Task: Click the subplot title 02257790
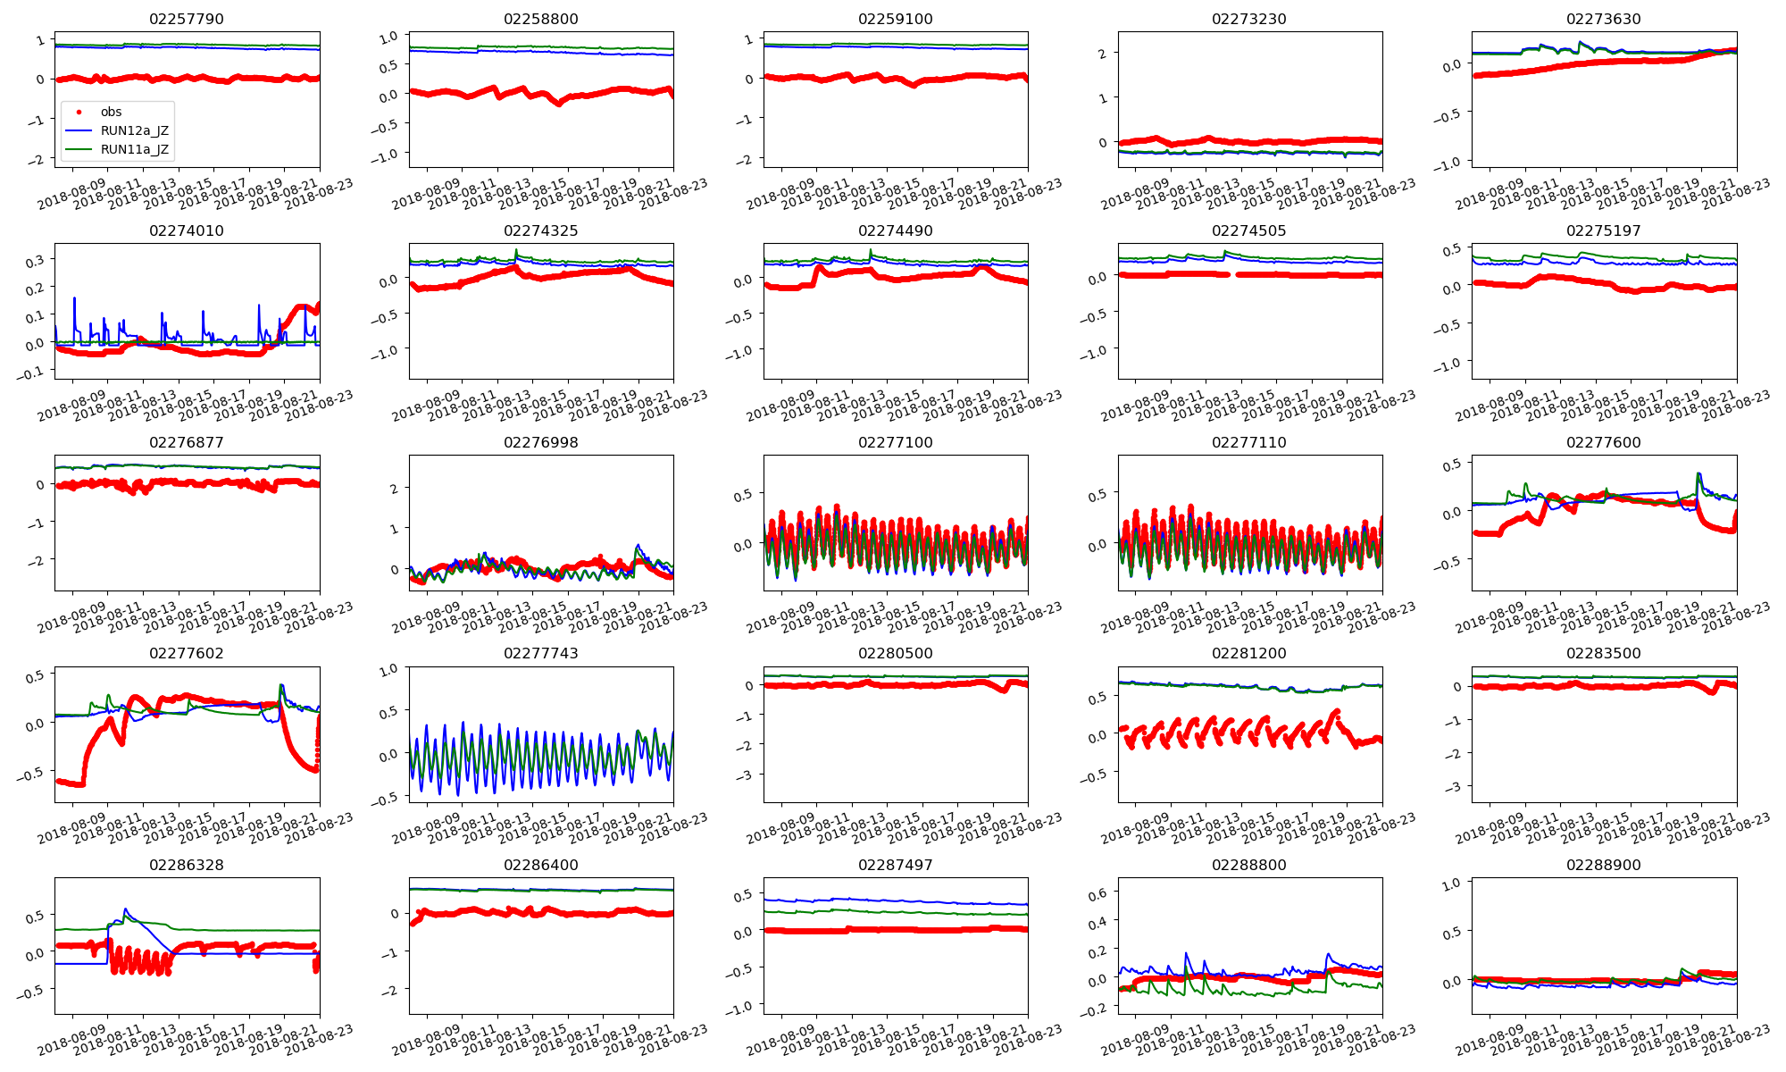click(x=187, y=20)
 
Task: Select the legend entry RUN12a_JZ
click(x=134, y=130)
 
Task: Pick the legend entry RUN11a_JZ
click(x=134, y=149)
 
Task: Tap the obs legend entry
click(x=111, y=112)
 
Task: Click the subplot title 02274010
click(x=187, y=231)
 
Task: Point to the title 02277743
click(x=540, y=654)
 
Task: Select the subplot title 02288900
click(x=1603, y=866)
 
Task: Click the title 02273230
click(x=1248, y=20)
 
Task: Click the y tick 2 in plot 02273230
click(x=1103, y=54)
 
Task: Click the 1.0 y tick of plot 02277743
click(x=388, y=670)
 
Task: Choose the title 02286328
click(x=187, y=866)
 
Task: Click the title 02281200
click(x=1248, y=654)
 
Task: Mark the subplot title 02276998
click(x=540, y=443)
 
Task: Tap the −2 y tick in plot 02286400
click(x=391, y=990)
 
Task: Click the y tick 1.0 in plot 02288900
click(x=1451, y=884)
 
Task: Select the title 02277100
click(x=895, y=443)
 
